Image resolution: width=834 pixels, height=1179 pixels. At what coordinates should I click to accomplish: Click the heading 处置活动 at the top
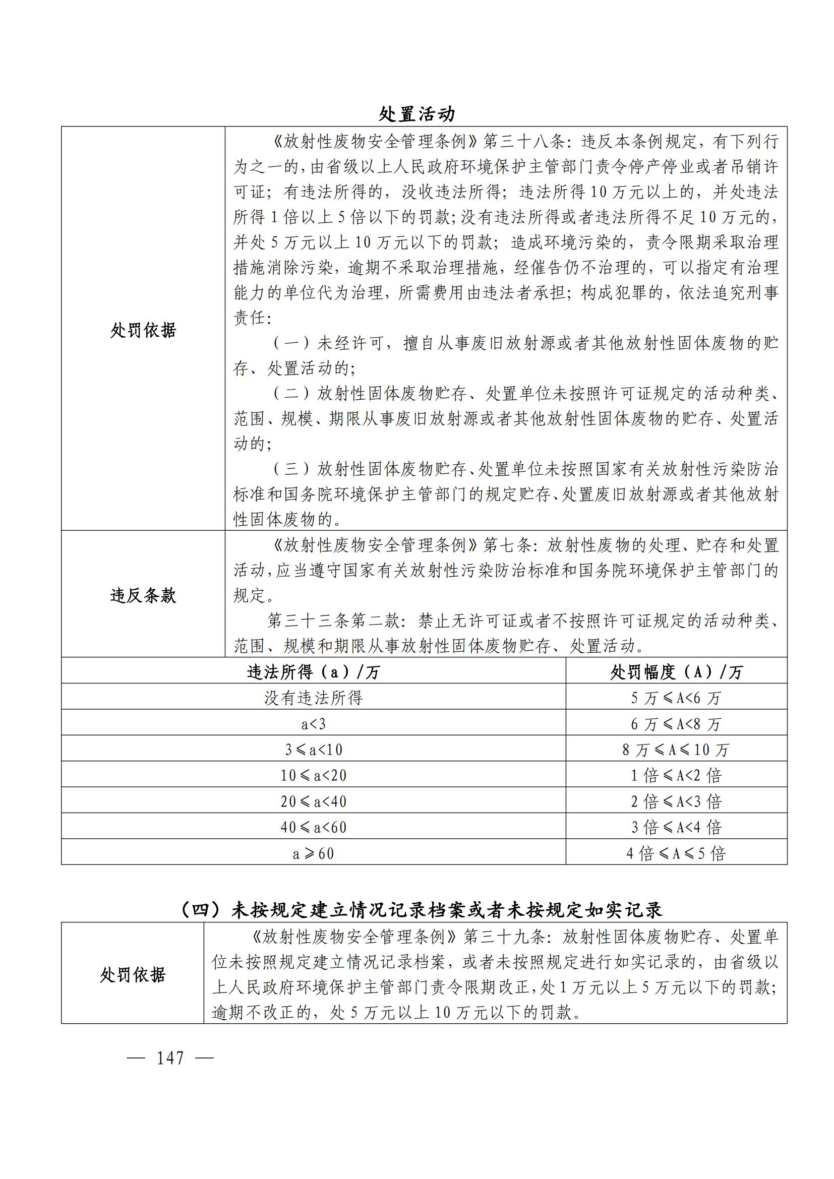(416, 114)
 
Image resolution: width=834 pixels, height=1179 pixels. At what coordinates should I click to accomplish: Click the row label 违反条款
(143, 595)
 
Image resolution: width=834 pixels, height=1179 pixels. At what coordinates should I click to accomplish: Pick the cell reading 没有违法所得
(313, 697)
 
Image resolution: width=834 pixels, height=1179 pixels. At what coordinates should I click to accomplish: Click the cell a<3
(313, 724)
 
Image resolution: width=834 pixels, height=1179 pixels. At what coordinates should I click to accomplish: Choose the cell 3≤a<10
(313, 750)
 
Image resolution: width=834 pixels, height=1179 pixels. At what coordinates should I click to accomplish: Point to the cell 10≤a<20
(313, 775)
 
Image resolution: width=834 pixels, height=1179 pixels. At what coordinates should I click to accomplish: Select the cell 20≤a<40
(313, 801)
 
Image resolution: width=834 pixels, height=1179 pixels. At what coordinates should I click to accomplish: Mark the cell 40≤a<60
(313, 827)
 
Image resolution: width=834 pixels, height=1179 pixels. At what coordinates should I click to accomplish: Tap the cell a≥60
(313, 853)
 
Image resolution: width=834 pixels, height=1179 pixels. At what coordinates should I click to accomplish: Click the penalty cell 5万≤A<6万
(676, 698)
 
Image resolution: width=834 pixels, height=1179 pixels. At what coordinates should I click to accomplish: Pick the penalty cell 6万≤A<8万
(676, 724)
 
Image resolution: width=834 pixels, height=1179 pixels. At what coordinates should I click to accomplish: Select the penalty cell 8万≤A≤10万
(676, 750)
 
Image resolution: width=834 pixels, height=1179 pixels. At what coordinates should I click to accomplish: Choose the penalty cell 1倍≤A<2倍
(676, 775)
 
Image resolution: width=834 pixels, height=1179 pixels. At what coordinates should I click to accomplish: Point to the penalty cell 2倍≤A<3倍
(676, 801)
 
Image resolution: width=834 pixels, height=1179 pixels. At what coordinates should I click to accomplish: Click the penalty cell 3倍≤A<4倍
(676, 827)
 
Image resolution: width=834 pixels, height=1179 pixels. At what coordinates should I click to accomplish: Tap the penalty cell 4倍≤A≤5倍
(676, 853)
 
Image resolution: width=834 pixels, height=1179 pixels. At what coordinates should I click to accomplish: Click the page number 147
(170, 1058)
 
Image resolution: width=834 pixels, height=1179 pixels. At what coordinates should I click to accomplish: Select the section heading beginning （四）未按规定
(421, 910)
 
